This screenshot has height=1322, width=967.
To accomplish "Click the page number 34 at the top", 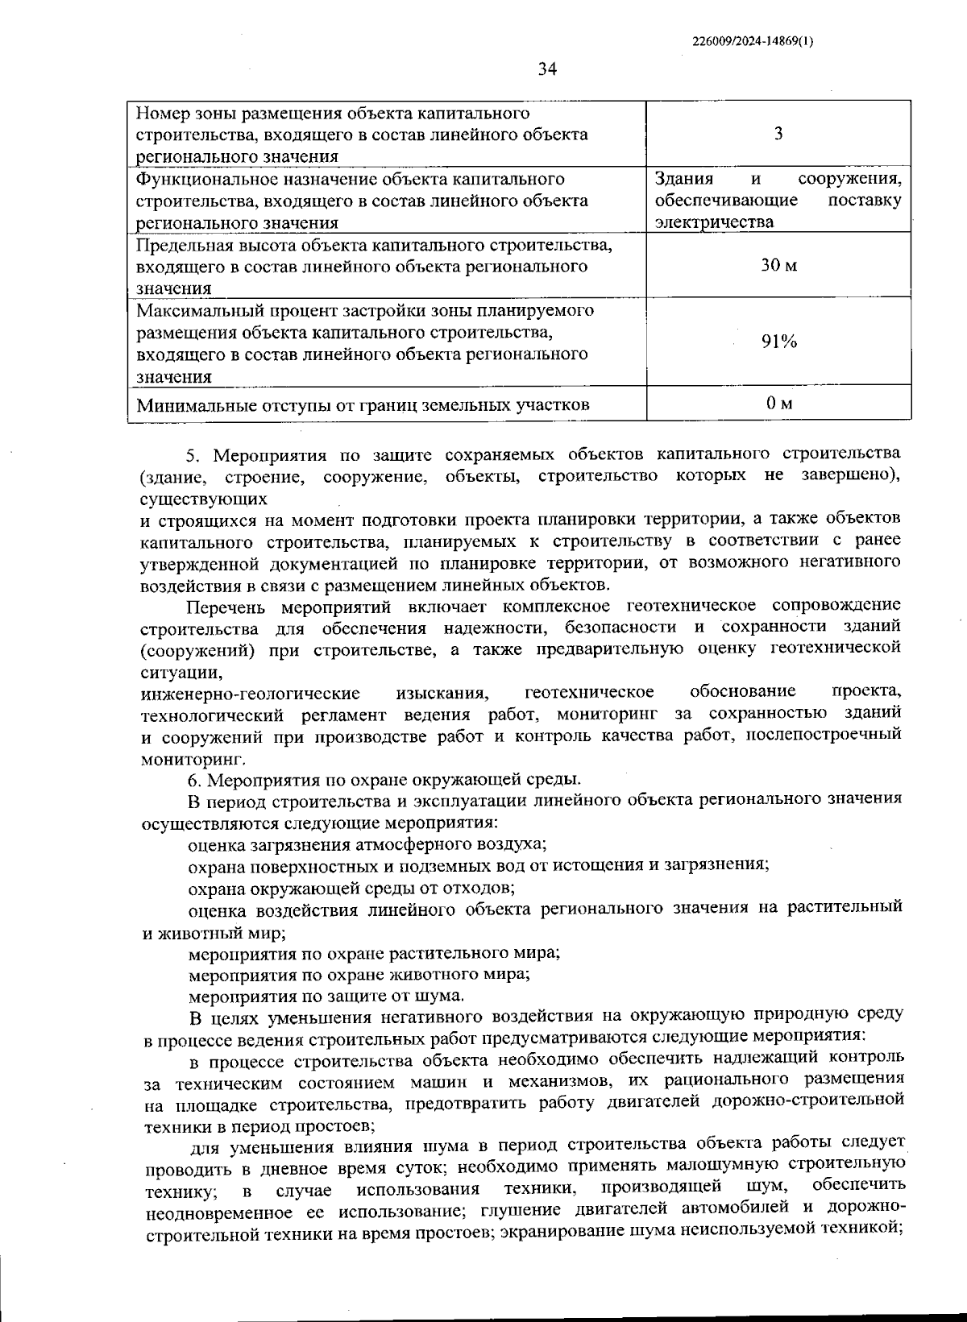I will (x=547, y=69).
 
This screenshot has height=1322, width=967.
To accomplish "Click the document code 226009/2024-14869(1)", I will (x=753, y=43).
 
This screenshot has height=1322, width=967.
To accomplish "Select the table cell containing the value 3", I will (x=778, y=134).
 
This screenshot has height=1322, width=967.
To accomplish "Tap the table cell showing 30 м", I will (x=778, y=266).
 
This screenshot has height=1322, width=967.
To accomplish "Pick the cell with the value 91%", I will (x=778, y=342).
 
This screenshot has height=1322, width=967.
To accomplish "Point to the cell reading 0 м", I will (x=778, y=403).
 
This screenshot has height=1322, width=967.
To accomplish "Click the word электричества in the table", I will (x=714, y=222).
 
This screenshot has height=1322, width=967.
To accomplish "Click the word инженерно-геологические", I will (x=250, y=693).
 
